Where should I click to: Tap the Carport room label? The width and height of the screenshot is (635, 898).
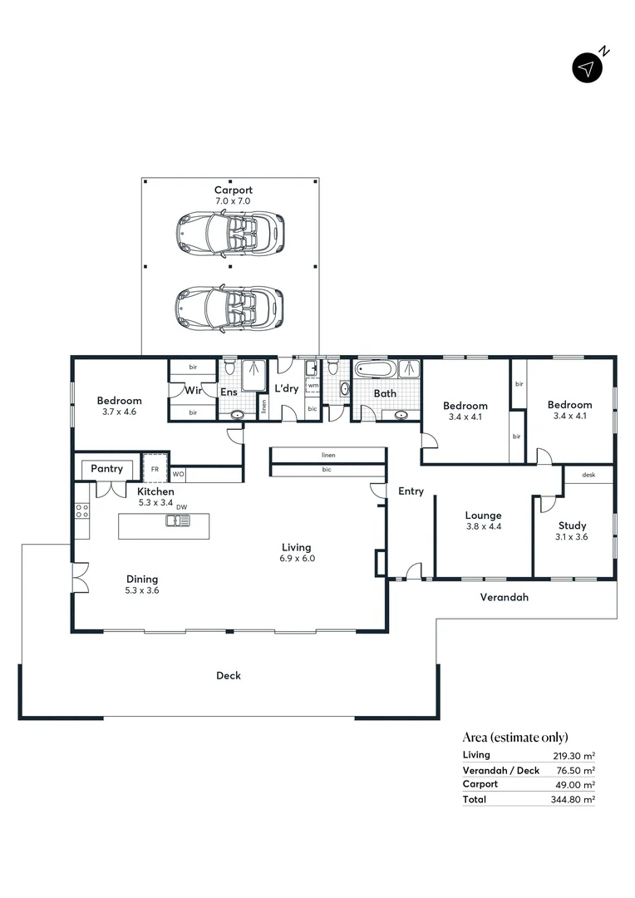pos(233,190)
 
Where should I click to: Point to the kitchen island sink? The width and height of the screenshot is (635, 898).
pos(178,521)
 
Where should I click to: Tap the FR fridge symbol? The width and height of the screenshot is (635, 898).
pos(155,468)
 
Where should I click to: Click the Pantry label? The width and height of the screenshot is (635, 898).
pos(107,469)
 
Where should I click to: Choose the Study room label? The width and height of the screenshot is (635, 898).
pos(572,525)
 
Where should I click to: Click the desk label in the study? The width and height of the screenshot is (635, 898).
pos(588,475)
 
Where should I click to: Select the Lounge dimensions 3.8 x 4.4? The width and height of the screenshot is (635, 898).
pos(483,526)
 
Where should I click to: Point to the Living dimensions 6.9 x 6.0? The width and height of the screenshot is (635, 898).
pos(296,559)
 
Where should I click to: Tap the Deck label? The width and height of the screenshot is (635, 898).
pos(229,675)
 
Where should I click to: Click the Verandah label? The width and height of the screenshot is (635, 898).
pos(505,597)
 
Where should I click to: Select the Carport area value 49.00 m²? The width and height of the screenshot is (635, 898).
pos(577,784)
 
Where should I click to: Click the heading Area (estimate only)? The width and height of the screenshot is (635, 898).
pos(515,737)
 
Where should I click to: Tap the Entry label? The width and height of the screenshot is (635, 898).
pos(411,491)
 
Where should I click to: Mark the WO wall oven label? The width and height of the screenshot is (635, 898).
pos(178,475)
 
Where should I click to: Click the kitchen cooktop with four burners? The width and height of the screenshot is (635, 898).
pos(82,511)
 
